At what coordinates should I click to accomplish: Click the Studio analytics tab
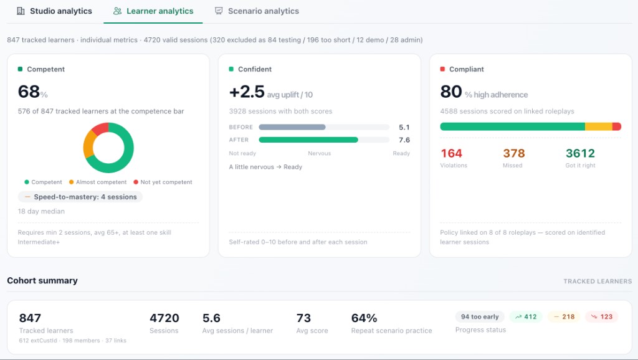pos(54,11)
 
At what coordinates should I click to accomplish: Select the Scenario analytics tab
pos(257,11)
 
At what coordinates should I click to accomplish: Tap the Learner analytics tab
pos(153,11)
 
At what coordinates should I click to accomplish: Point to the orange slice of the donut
pos(88,144)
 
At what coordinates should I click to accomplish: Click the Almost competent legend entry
pos(98,182)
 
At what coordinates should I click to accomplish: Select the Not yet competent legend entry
pos(163,182)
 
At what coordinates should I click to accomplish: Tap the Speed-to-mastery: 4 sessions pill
pos(80,197)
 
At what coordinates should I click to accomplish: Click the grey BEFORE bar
pos(292,127)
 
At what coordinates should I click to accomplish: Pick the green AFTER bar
pos(308,140)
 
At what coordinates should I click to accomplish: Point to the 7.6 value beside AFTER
pos(404,140)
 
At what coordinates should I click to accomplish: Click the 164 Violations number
pos(451,153)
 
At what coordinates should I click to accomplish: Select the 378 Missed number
pos(514,153)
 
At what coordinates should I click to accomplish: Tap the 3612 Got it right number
pos(580,153)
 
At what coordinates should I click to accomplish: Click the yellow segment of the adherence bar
pos(599,126)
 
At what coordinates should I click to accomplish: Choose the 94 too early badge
pos(480,317)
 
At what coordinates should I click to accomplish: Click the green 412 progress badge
pos(526,317)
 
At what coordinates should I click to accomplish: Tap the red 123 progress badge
pos(602,317)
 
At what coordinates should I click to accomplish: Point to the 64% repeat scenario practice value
pos(364,318)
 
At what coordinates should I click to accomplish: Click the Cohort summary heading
pos(42,281)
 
